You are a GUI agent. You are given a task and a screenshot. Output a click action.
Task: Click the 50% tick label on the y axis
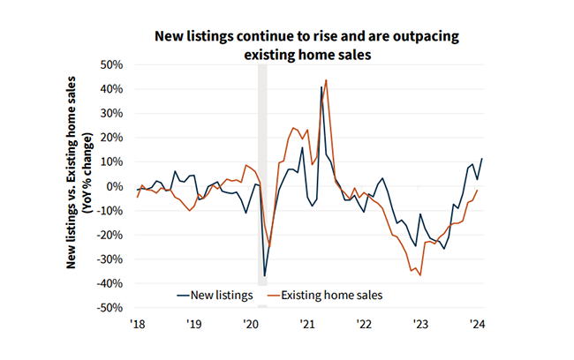coord(112,65)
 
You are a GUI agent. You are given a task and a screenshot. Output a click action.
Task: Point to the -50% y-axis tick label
coord(110,308)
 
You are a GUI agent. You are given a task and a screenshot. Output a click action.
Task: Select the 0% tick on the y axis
coord(116,186)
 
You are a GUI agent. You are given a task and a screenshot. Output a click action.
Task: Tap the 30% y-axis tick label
coord(112,114)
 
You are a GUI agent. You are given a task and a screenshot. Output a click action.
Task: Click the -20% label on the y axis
coord(110,235)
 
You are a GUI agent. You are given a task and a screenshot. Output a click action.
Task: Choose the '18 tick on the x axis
coord(137,324)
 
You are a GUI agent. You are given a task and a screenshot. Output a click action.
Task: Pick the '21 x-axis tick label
coord(306,324)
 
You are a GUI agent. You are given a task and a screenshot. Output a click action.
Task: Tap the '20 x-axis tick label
coord(250,324)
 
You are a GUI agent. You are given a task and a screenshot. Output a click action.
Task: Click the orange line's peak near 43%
coord(326,80)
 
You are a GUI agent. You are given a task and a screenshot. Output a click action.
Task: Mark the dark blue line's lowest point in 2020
coord(265,276)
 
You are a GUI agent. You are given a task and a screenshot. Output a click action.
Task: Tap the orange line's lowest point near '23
coord(420,275)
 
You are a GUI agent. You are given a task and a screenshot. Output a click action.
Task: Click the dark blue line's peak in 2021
coord(321,86)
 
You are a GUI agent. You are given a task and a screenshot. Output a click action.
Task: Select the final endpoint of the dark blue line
coord(482,159)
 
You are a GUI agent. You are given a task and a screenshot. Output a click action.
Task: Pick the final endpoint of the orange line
coord(478,190)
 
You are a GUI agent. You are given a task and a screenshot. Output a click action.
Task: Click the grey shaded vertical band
coord(261,176)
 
